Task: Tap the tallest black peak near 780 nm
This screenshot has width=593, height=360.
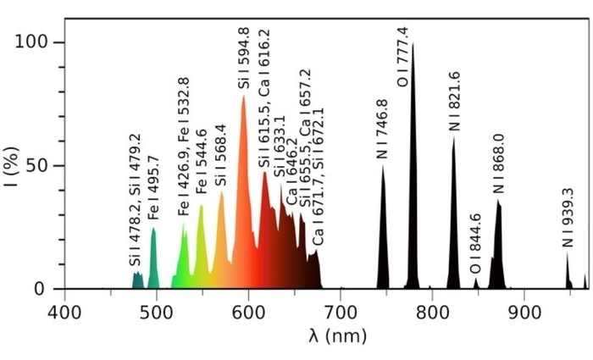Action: tap(413, 169)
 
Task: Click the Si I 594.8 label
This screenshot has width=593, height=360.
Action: tap(244, 58)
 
